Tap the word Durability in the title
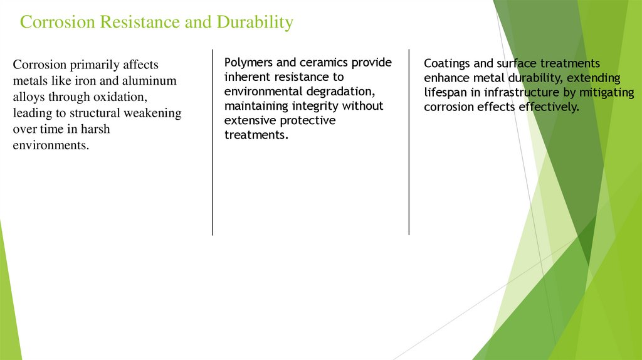[255, 23]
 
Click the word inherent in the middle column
[246, 77]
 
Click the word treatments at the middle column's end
[255, 135]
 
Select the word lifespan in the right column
[446, 92]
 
